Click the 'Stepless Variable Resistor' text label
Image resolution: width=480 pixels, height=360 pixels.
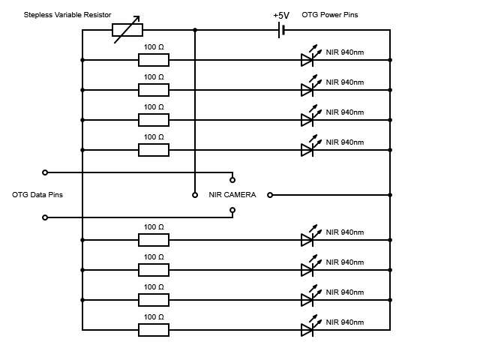click(x=67, y=15)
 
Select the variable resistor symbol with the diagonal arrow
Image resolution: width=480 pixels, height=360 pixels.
click(x=127, y=30)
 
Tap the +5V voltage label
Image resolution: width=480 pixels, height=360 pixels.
click(x=281, y=15)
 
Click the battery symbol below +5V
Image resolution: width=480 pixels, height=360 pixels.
click(x=280, y=30)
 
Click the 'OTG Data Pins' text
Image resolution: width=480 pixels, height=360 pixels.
click(x=37, y=195)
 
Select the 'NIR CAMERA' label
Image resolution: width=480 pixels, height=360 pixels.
click(x=232, y=195)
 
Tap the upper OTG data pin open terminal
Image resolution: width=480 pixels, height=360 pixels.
click(x=45, y=172)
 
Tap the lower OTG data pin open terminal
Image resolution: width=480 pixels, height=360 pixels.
click(x=45, y=217)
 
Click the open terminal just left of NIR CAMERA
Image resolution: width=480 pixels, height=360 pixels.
click(x=195, y=195)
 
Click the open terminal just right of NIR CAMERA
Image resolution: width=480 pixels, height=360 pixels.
click(x=270, y=195)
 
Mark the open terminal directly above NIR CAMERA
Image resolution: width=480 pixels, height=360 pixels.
click(x=232, y=180)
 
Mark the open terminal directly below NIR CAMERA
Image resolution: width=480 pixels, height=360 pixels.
click(x=232, y=210)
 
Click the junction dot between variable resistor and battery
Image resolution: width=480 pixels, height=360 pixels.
click(x=195, y=30)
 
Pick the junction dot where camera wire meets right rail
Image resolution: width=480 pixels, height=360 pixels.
click(x=390, y=195)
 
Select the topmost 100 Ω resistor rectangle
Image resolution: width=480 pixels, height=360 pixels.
click(x=154, y=60)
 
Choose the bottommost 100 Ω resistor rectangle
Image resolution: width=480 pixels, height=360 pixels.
click(x=154, y=330)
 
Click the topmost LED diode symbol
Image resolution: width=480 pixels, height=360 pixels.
click(x=307, y=59)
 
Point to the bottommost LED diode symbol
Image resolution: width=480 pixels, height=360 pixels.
click(x=307, y=329)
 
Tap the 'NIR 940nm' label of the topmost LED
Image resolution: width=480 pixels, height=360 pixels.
click(x=344, y=52)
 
